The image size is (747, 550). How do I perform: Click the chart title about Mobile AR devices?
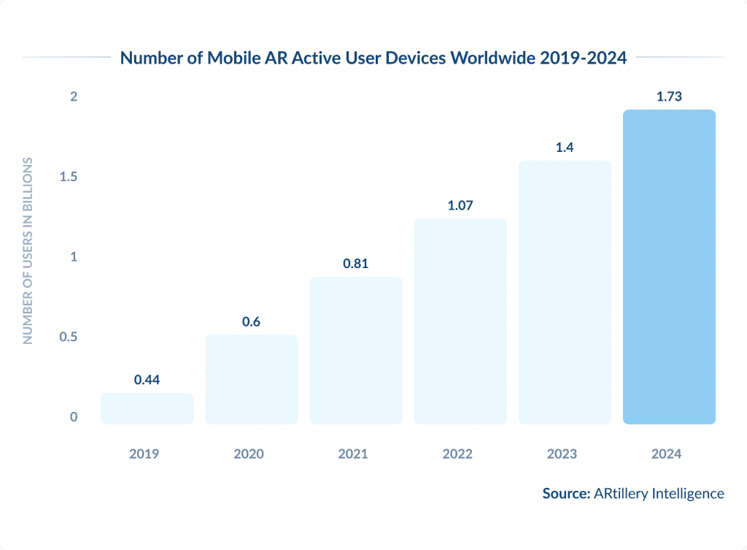[373, 58]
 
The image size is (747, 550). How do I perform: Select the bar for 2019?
[147, 408]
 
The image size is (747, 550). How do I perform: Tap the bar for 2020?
[252, 379]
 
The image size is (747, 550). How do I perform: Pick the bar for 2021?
[356, 350]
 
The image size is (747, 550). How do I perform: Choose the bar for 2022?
[460, 321]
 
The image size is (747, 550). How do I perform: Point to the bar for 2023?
[565, 291]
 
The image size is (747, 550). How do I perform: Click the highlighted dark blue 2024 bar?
[669, 267]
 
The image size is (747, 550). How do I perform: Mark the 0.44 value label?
[147, 380]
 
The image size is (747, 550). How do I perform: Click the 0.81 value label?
[356, 264]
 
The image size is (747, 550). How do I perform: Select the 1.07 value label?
[460, 205]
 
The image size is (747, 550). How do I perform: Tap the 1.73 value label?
[669, 96]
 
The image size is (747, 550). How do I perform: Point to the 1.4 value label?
[565, 148]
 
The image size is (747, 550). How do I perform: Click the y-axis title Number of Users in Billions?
[28, 251]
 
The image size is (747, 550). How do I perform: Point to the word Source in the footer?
[565, 494]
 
